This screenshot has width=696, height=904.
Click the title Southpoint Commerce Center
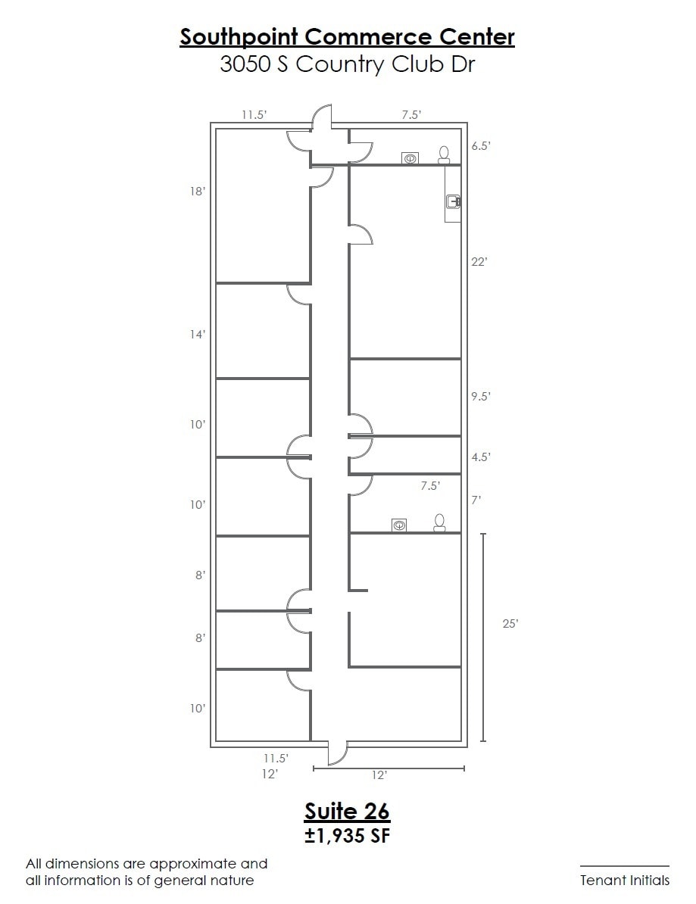pyautogui.click(x=347, y=37)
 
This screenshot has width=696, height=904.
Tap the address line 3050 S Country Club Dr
pyautogui.click(x=347, y=64)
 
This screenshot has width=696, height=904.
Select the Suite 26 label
pyautogui.click(x=347, y=811)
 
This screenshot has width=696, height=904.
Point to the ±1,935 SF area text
pyautogui.click(x=347, y=835)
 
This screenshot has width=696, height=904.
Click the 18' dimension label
pyautogui.click(x=198, y=192)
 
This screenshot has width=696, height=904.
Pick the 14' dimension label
pyautogui.click(x=198, y=335)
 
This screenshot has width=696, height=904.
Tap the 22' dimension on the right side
pyautogui.click(x=479, y=262)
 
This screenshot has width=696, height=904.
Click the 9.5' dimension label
pyautogui.click(x=481, y=397)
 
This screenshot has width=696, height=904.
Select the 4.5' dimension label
pyautogui.click(x=481, y=457)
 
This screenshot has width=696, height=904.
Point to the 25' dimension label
pyautogui.click(x=510, y=623)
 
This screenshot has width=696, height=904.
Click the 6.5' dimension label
pyautogui.click(x=481, y=146)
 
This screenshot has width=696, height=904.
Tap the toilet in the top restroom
pyautogui.click(x=444, y=155)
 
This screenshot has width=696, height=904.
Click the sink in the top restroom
pyautogui.click(x=410, y=158)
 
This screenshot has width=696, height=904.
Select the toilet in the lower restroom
pyautogui.click(x=440, y=522)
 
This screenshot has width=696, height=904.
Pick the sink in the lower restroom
pyautogui.click(x=399, y=525)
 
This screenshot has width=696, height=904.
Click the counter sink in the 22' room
pyautogui.click(x=453, y=201)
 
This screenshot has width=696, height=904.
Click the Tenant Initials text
pyautogui.click(x=625, y=881)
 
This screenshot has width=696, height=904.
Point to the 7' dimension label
pyautogui.click(x=476, y=500)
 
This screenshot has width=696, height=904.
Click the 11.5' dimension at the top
pyautogui.click(x=254, y=115)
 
